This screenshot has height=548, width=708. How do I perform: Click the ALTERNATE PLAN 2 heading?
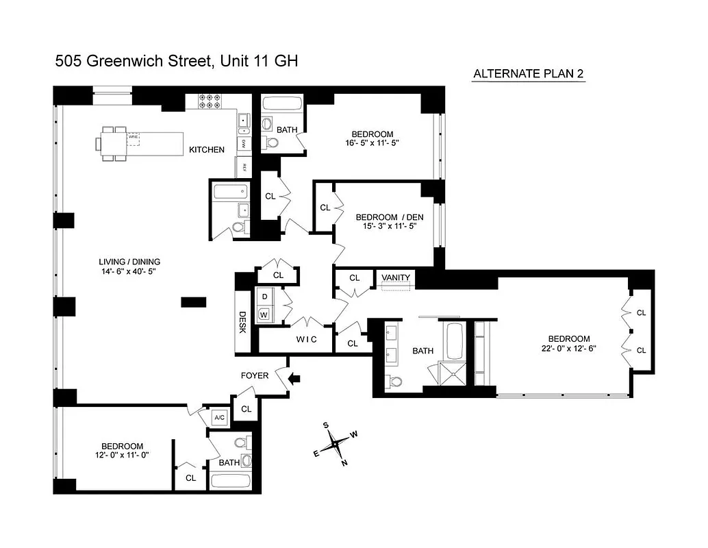coord(529,74)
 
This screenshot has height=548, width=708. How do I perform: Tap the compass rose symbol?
coord(336,444)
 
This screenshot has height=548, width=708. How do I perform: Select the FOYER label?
coord(254,375)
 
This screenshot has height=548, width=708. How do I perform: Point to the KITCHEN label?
coord(207,149)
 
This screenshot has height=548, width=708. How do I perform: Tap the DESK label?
coord(242,323)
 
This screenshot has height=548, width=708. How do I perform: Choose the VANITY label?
coord(396,277)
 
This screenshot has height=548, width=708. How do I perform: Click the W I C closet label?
coord(306,340)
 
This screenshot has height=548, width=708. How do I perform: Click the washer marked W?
coord(264,314)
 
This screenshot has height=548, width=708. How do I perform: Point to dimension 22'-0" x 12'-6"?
coord(568,349)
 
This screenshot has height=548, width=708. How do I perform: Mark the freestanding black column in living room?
coord(194,301)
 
